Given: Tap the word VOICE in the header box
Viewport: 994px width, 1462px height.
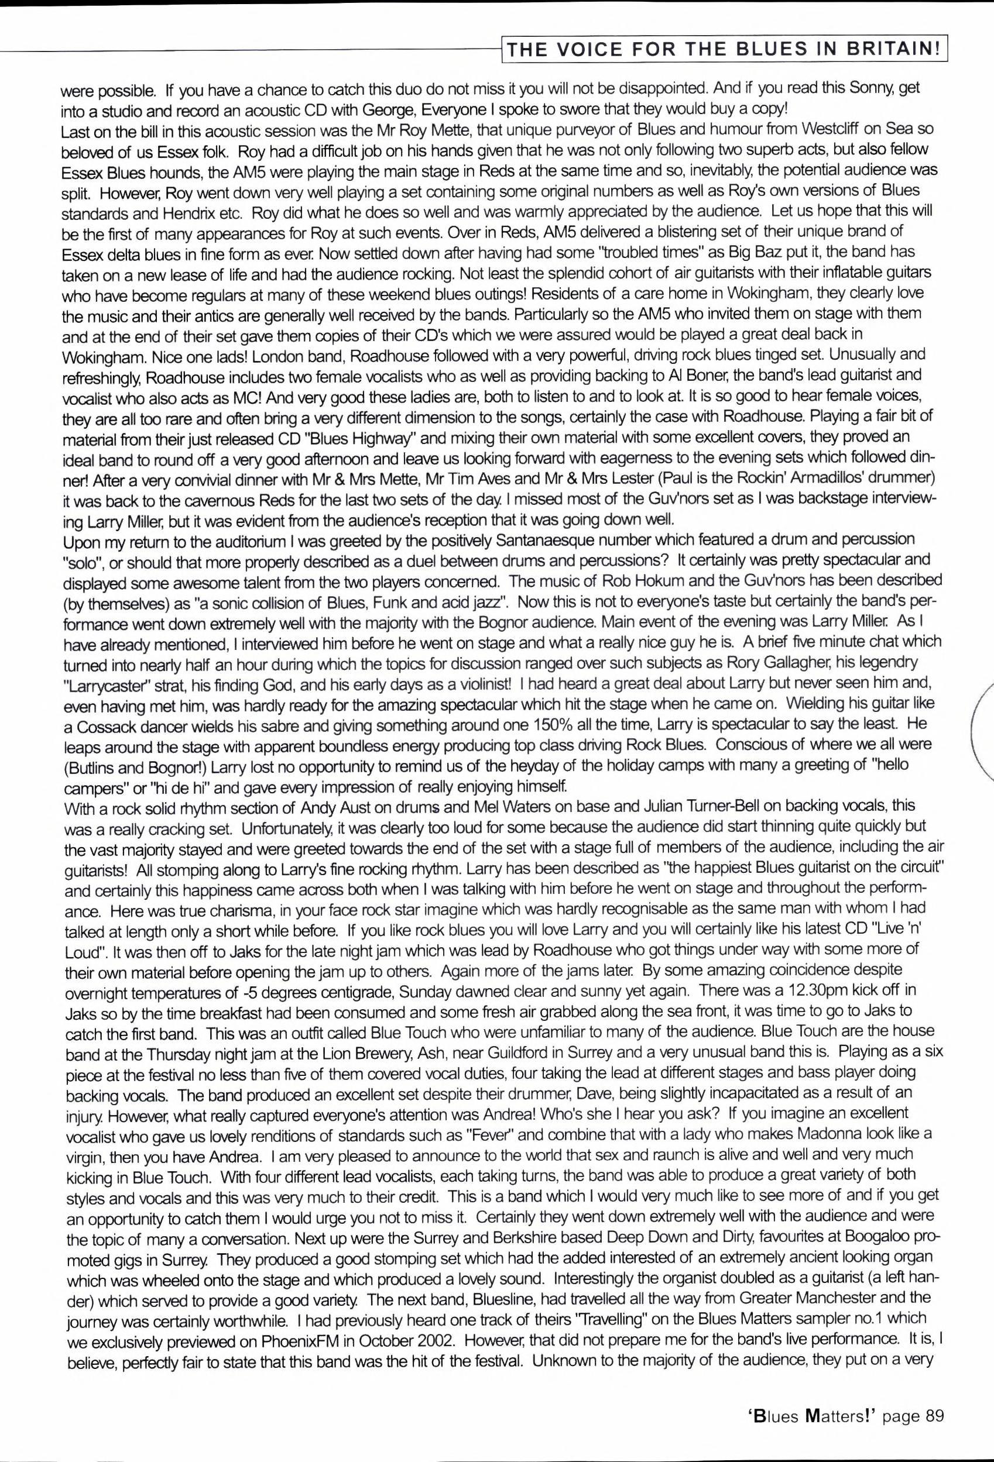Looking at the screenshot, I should pyautogui.click(x=588, y=50).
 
